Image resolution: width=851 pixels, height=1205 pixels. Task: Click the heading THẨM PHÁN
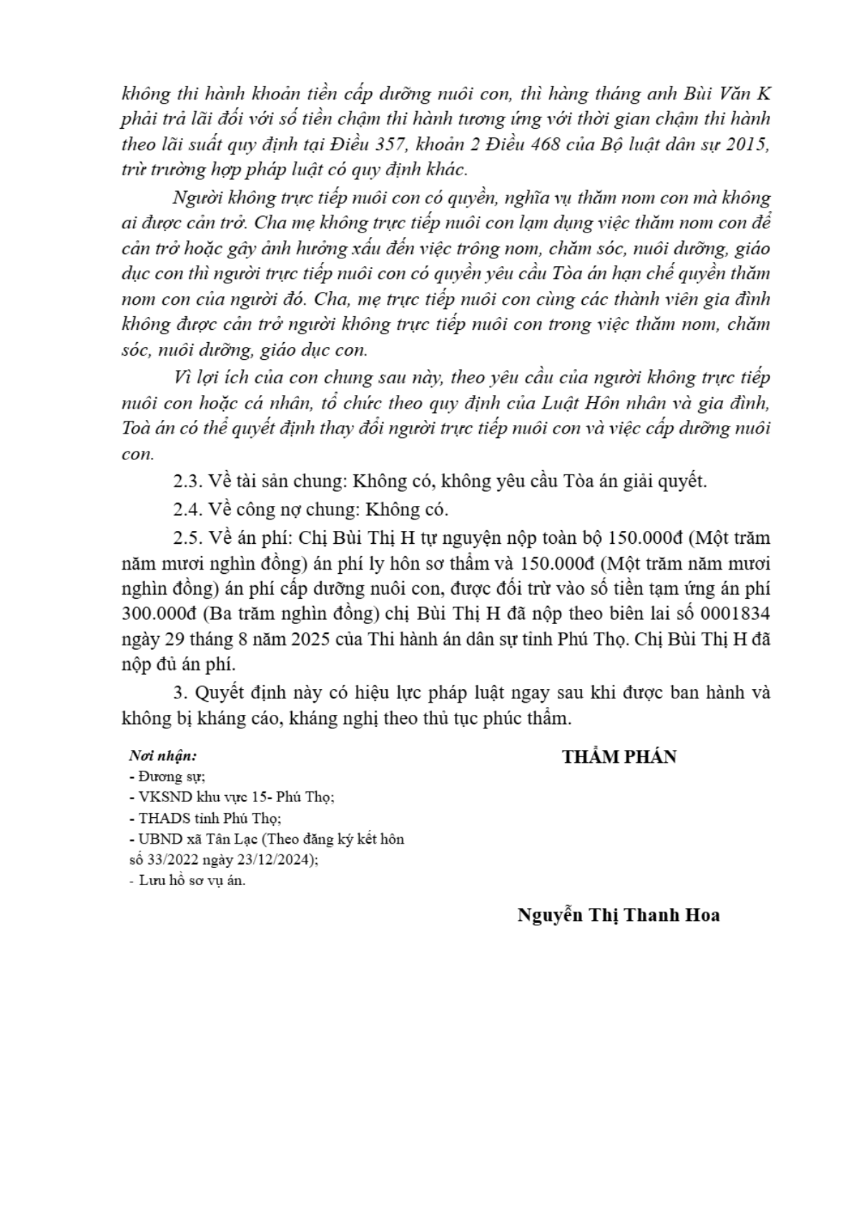pyautogui.click(x=619, y=757)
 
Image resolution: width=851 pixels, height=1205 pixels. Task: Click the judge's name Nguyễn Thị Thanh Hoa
pyautogui.click(x=619, y=915)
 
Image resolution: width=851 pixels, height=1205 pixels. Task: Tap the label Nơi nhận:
pyautogui.click(x=162, y=756)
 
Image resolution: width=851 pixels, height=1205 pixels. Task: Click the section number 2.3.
pyautogui.click(x=189, y=481)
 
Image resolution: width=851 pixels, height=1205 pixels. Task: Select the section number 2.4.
pyautogui.click(x=189, y=509)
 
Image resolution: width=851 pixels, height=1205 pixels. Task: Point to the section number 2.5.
pyautogui.click(x=189, y=538)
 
